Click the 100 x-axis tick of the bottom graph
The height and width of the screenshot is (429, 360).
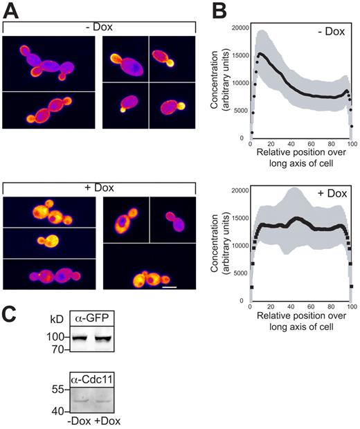pos(352,308)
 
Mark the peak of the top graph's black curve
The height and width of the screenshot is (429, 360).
pos(260,53)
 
